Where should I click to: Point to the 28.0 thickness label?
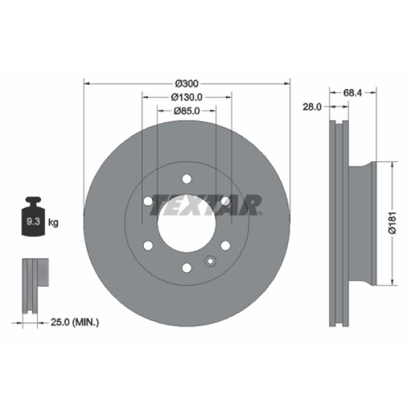[x=312, y=106]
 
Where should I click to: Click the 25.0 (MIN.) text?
[x=75, y=321]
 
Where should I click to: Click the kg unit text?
[x=54, y=223]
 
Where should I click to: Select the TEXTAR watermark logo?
[x=206, y=204]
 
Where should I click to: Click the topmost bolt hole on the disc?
[x=186, y=179]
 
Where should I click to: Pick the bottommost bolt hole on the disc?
[x=186, y=266]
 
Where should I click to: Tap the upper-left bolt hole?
[x=148, y=201]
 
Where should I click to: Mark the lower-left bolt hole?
[x=148, y=245]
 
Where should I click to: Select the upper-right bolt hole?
[x=225, y=201]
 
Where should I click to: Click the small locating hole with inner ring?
[x=210, y=260]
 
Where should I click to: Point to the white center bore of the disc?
[x=186, y=223]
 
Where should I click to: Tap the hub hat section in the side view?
[x=363, y=223]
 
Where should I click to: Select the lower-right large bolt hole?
[x=225, y=245]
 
